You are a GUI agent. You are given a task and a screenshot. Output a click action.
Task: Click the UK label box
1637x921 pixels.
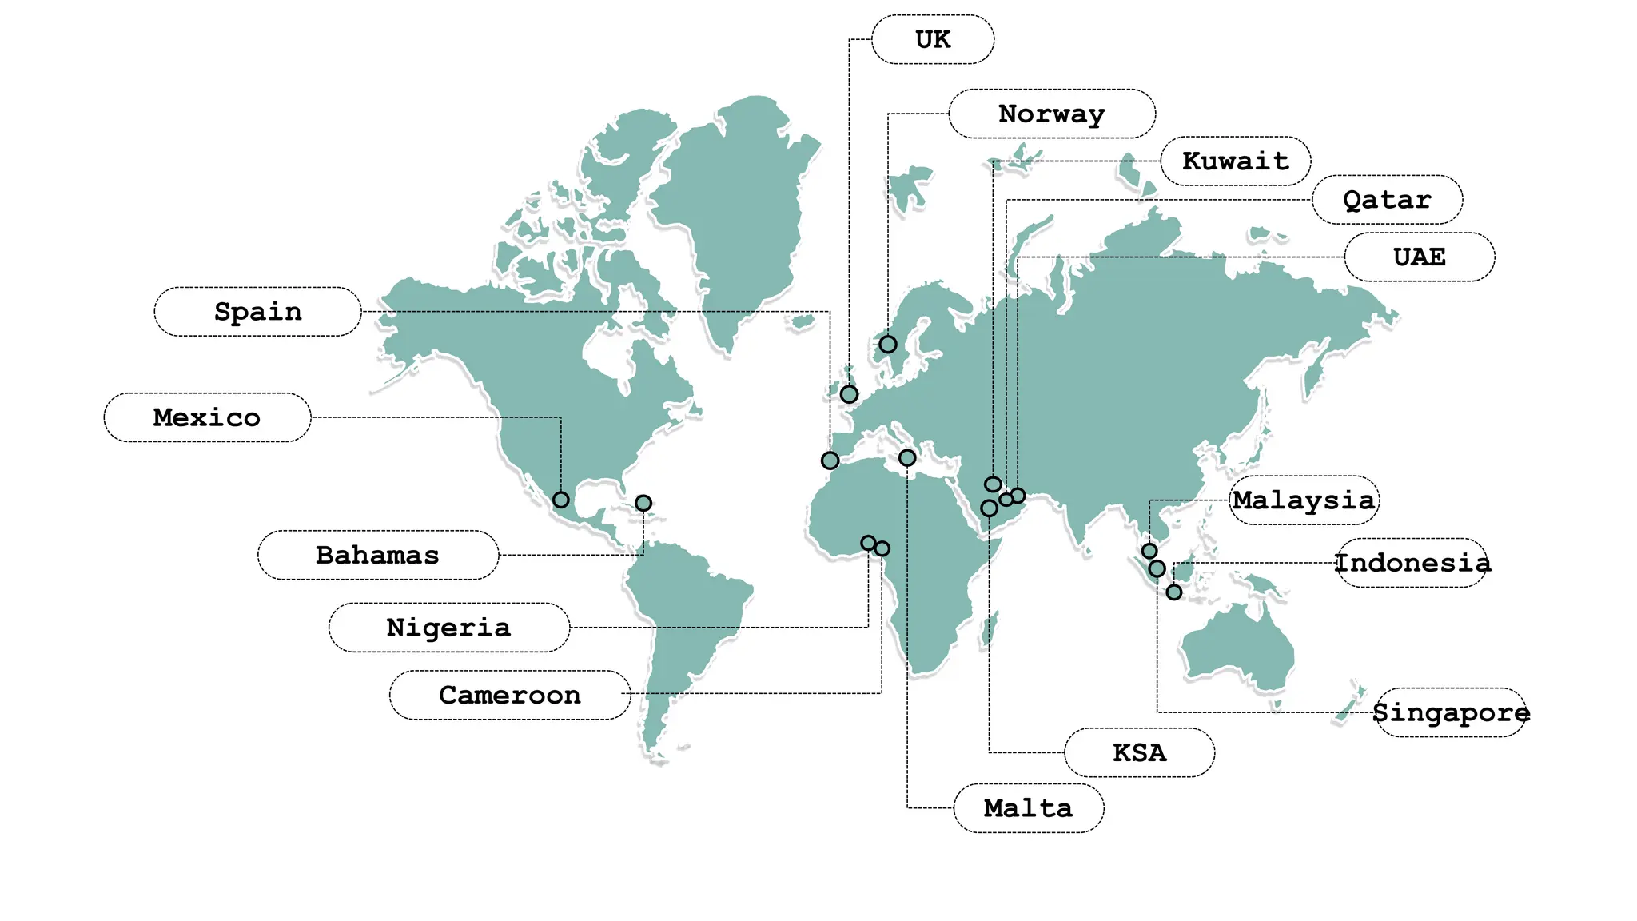click(x=933, y=39)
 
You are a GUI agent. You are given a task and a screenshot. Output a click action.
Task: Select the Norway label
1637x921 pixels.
click(x=1051, y=114)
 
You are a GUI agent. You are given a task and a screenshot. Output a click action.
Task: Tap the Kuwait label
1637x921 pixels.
click(x=1235, y=161)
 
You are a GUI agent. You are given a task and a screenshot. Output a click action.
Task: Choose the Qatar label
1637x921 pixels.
click(x=1387, y=199)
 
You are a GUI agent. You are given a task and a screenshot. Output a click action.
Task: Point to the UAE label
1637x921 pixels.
click(x=1419, y=257)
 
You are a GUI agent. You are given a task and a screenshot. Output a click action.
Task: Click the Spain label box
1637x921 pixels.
click(x=257, y=311)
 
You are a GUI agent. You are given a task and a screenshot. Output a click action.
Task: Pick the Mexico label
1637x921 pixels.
click(x=207, y=417)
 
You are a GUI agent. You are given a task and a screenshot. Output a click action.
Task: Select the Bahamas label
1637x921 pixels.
click(x=377, y=555)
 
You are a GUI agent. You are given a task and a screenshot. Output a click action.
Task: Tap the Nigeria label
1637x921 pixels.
click(x=448, y=627)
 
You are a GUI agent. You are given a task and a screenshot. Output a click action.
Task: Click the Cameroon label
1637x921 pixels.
click(x=509, y=695)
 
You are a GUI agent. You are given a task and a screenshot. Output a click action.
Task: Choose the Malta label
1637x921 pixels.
click(x=1028, y=807)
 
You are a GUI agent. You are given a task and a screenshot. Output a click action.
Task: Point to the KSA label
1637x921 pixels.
click(x=1139, y=752)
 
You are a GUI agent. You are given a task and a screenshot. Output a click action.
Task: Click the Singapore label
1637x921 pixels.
click(x=1450, y=712)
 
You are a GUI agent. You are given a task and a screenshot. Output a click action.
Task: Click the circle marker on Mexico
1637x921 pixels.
click(x=561, y=500)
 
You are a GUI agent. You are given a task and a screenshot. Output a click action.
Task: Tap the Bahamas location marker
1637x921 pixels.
click(x=643, y=503)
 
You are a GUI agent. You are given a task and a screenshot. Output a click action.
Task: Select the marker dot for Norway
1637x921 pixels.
click(x=888, y=345)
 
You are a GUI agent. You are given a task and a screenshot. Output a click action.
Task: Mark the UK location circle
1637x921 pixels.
click(x=849, y=394)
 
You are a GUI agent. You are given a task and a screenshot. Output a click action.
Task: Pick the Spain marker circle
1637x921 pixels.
click(x=830, y=460)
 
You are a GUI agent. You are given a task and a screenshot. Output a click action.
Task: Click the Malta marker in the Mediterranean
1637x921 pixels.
click(x=907, y=458)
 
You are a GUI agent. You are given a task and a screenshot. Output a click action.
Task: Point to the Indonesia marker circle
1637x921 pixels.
click(x=1174, y=592)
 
